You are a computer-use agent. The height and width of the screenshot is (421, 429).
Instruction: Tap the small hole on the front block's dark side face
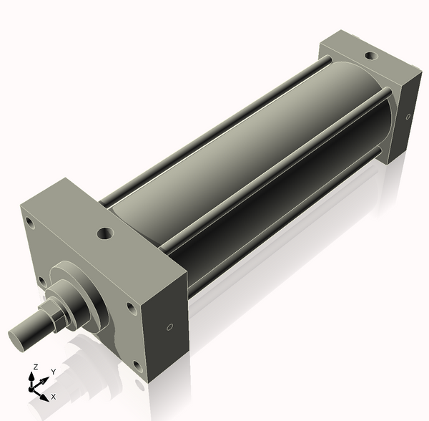tap(169, 327)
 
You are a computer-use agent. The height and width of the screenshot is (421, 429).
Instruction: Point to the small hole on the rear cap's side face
tap(408, 116)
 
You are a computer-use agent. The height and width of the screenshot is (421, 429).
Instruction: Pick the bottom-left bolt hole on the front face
tap(42, 279)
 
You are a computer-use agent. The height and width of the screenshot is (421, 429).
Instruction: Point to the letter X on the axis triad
tap(53, 396)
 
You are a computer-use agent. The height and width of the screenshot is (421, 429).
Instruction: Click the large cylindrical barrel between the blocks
tap(236, 165)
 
